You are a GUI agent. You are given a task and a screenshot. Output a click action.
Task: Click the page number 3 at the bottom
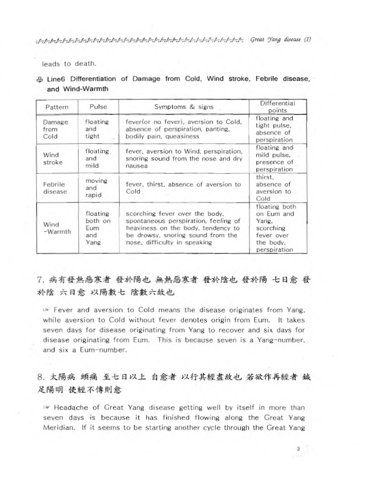point(299,448)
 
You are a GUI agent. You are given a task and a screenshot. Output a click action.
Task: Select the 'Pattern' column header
point(56,107)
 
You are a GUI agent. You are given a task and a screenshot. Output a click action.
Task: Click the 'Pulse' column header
point(98,107)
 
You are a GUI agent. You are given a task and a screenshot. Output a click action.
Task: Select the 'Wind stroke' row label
point(52,158)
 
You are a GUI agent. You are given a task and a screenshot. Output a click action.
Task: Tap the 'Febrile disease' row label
point(54,188)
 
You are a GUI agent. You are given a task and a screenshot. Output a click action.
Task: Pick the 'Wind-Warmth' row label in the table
point(56,228)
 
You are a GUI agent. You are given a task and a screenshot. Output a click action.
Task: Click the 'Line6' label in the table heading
point(55,79)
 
